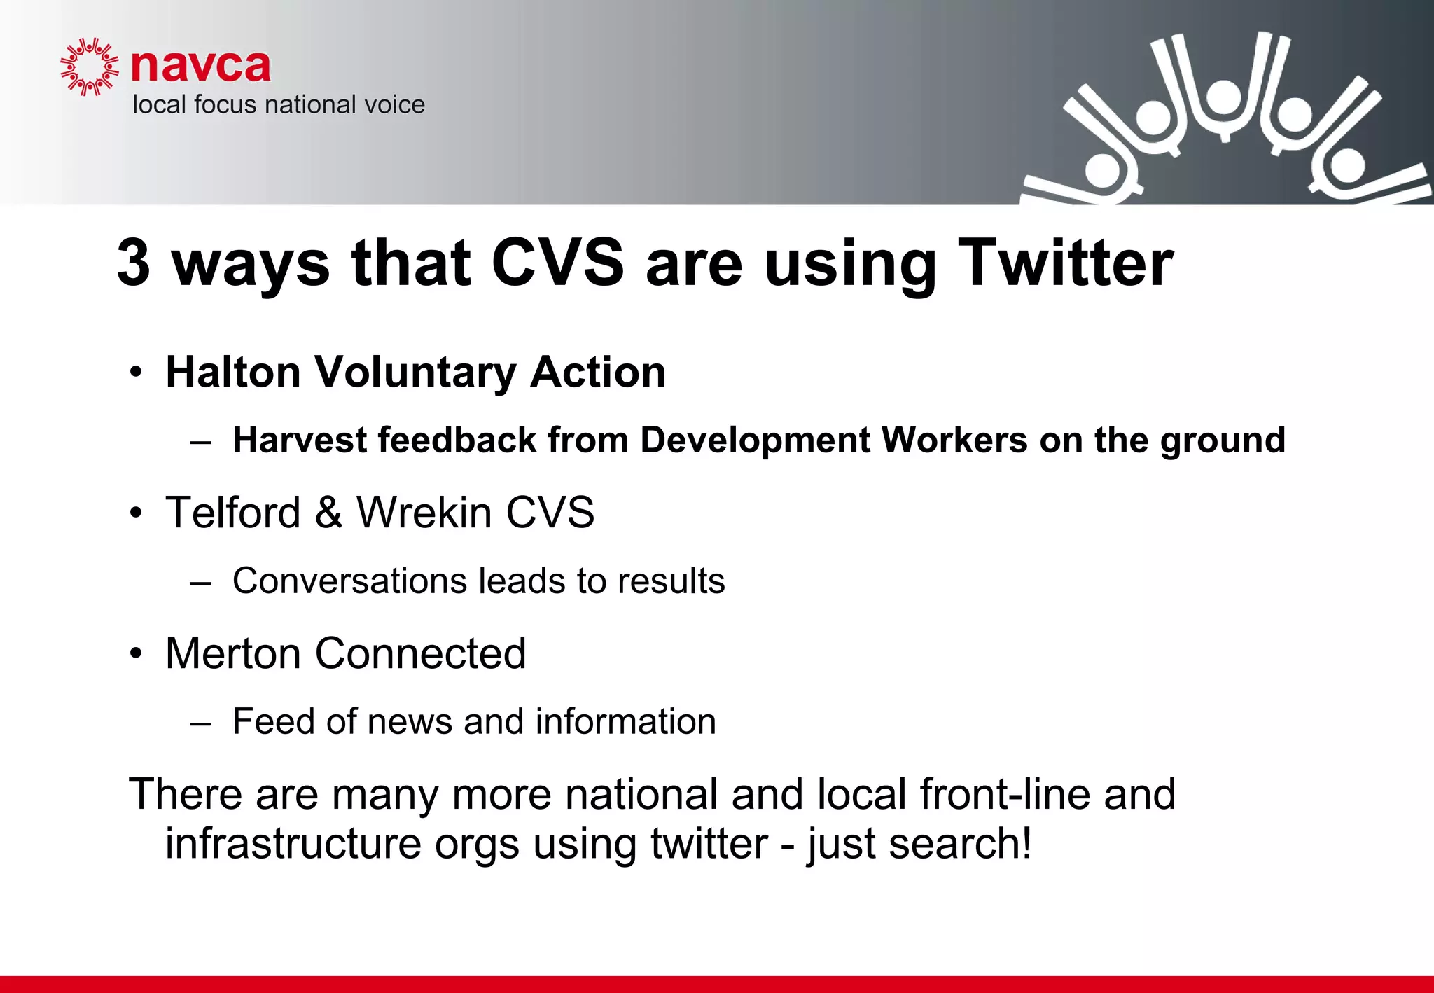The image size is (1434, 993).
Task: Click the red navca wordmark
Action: click(201, 67)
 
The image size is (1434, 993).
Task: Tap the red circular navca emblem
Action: click(89, 67)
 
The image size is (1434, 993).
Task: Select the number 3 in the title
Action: click(134, 263)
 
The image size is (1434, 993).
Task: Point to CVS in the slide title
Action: click(557, 263)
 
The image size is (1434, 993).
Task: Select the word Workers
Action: click(954, 440)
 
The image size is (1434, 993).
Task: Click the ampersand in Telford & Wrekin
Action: click(328, 513)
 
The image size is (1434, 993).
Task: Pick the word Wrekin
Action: click(424, 513)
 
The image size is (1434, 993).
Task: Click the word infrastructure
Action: click(293, 844)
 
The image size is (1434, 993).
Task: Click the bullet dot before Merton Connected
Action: click(136, 655)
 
